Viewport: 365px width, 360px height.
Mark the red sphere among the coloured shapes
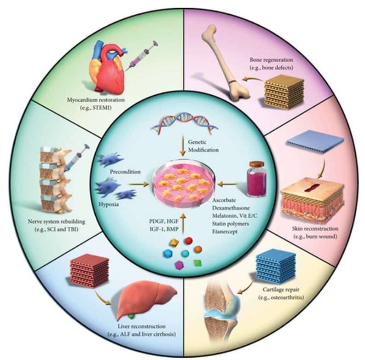pyautogui.click(x=188, y=241)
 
